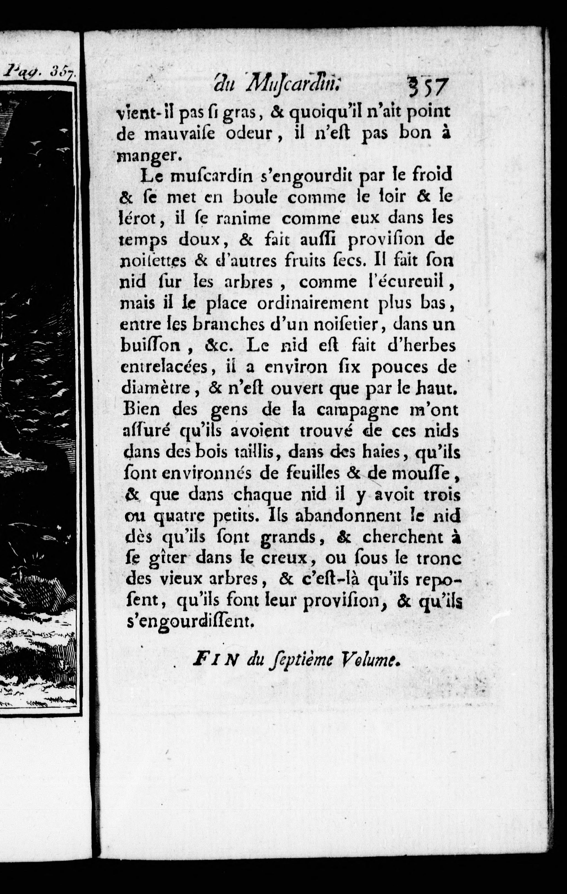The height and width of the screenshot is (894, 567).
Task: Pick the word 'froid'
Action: [x=433, y=174]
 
